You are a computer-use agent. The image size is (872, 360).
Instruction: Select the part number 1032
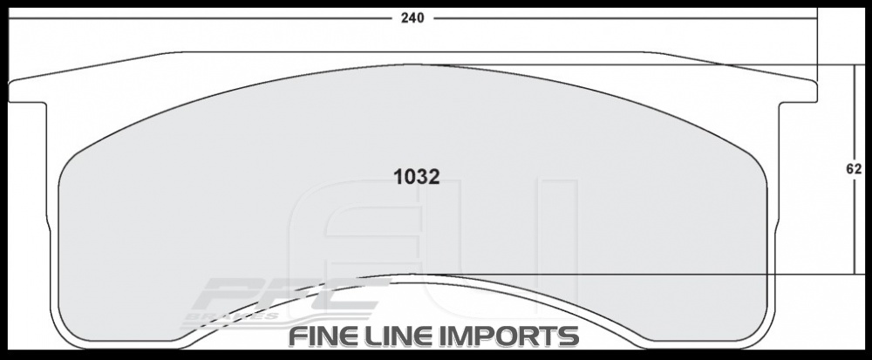click(x=416, y=175)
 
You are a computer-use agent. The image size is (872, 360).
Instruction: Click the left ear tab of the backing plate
click(x=26, y=92)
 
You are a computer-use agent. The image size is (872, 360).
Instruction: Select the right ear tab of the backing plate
click(x=798, y=92)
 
